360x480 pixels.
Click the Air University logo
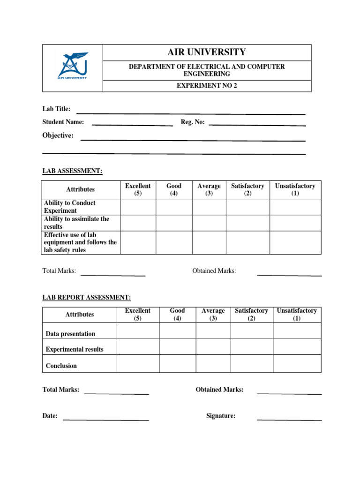tap(73, 66)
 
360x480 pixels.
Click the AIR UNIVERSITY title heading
tap(207, 52)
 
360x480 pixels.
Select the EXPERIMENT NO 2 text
tap(207, 86)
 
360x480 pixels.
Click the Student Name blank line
tap(132, 125)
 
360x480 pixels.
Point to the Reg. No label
tap(193, 122)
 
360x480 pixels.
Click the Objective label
tap(58, 135)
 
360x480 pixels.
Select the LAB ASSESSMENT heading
tap(72, 171)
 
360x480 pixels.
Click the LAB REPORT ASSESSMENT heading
tap(87, 298)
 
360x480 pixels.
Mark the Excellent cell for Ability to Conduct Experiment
tap(138, 207)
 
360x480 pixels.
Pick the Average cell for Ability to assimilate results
tap(209, 223)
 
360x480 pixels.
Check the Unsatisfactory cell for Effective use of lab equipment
tap(295, 242)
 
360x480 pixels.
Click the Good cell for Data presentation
tap(177, 330)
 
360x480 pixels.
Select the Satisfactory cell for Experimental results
tap(251, 346)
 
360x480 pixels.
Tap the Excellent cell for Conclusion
tap(138, 363)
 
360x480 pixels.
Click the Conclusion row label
tap(61, 366)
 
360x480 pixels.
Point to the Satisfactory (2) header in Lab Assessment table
tap(247, 190)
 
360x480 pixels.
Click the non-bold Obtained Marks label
tap(214, 271)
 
